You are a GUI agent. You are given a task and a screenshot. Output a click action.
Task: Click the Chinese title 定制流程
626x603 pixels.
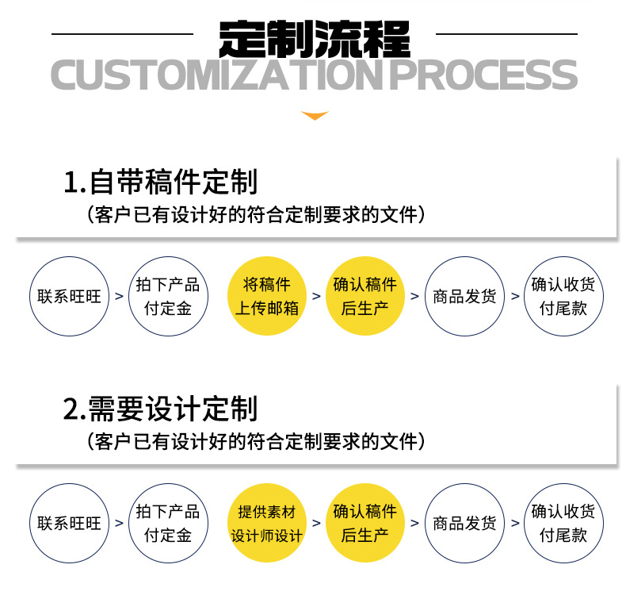315,35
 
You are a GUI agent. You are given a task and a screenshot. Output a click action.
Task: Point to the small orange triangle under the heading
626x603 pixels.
315,116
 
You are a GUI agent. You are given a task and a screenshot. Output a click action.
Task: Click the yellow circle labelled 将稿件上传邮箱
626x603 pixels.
266,296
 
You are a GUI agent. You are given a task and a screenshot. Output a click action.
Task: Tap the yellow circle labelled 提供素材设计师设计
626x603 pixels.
266,524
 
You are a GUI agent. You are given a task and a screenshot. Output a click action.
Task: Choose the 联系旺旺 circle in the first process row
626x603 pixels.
69,296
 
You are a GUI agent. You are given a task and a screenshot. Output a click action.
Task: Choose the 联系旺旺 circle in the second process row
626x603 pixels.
69,524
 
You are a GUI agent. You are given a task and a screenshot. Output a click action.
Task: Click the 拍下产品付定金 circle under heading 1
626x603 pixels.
167,296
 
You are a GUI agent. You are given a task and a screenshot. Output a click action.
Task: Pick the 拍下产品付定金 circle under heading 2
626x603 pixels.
167,524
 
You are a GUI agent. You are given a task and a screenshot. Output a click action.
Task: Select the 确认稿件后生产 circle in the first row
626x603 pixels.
365,296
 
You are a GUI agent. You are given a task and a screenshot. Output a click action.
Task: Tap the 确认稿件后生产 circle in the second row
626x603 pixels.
365,524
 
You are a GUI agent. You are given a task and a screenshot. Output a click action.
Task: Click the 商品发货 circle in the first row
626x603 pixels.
464,296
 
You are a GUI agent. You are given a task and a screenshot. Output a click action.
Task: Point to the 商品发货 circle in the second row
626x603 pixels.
464,524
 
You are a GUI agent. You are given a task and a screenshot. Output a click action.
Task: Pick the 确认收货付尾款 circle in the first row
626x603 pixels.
563,296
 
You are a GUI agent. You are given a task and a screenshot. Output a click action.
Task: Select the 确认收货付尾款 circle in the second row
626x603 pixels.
563,524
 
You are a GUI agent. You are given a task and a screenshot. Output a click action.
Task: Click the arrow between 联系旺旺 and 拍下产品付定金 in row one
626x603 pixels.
119,297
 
